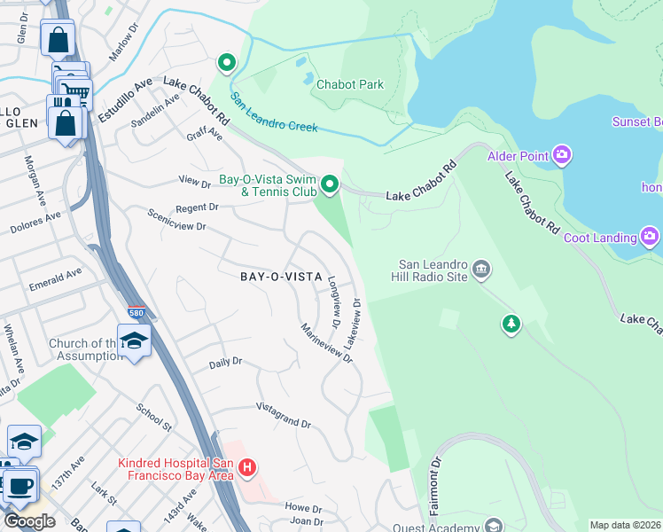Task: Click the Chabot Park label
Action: [350, 84]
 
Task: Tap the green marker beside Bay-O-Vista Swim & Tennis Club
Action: [330, 184]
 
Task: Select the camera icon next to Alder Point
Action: [561, 157]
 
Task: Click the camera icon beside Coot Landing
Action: [650, 237]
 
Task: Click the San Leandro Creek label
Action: [274, 113]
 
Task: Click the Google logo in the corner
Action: [28, 520]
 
